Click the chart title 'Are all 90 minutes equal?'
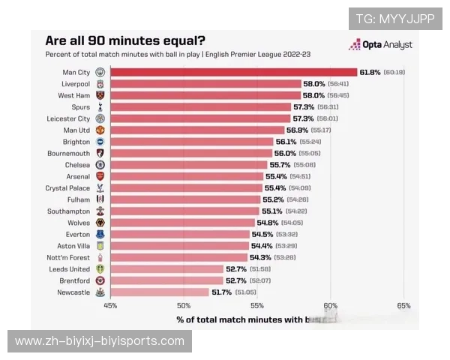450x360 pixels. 126,41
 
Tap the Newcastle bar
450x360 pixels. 160,292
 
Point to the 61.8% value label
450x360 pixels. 370,72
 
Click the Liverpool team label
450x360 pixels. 75,84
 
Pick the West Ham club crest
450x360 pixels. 100,95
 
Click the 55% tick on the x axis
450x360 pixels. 257,305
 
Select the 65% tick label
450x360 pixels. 403,305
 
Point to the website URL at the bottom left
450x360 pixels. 100,341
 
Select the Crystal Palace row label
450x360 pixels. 67,187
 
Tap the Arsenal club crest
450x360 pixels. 100,176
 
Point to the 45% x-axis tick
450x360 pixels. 110,305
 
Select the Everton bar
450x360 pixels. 180,234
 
